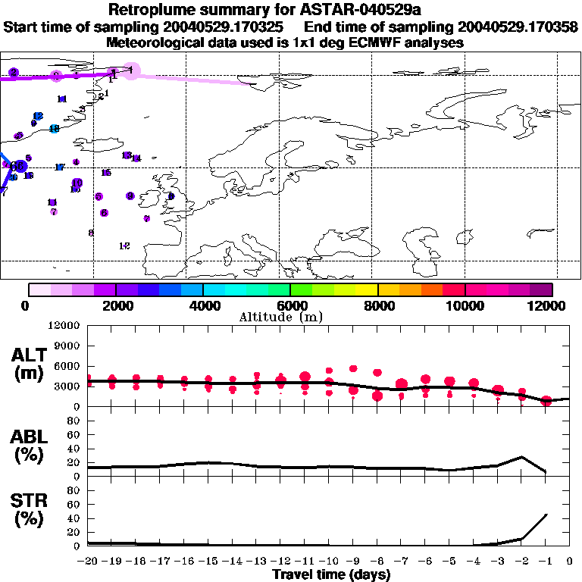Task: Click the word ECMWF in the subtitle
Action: tap(369, 43)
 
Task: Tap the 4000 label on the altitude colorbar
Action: tap(203, 306)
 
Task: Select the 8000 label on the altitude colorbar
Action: tap(377, 306)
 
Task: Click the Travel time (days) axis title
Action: tap(330, 575)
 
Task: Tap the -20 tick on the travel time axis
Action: tap(89, 562)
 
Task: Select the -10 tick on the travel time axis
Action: tap(329, 562)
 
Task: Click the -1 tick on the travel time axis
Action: tap(545, 562)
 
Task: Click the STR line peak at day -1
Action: tap(547, 515)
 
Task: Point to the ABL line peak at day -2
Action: tap(522, 457)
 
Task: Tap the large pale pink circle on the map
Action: tap(132, 71)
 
